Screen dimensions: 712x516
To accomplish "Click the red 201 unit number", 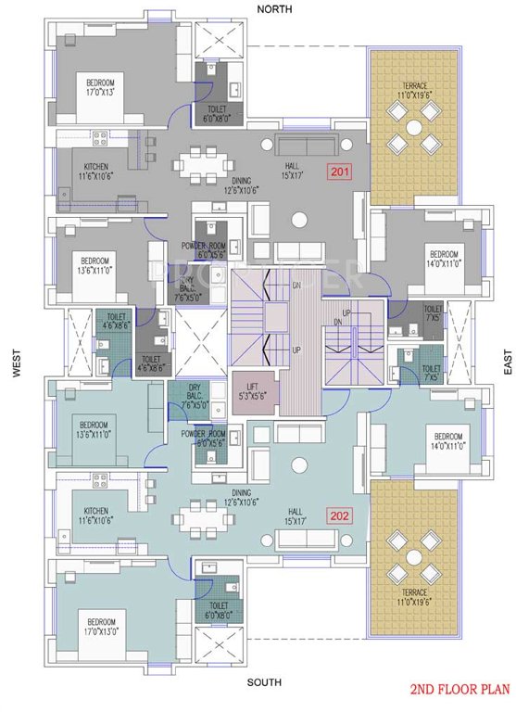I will pos(340,172).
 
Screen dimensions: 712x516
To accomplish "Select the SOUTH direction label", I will pos(264,683).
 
